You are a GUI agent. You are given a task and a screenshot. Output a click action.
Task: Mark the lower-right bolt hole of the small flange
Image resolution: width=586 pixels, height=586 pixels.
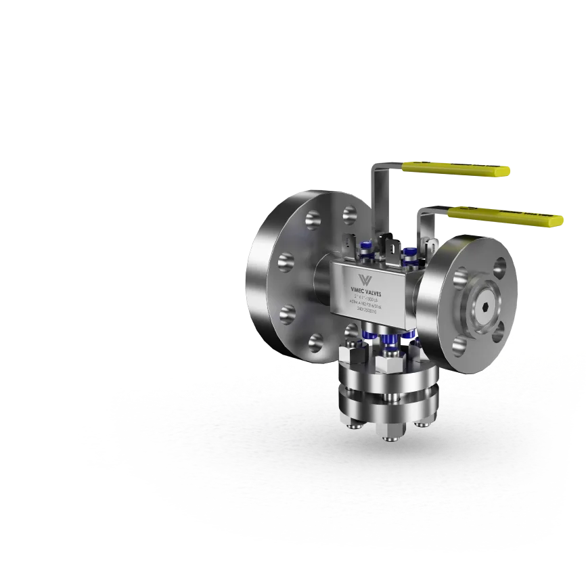tap(499, 333)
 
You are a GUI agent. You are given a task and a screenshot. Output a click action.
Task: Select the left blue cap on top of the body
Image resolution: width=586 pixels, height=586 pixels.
tap(366, 250)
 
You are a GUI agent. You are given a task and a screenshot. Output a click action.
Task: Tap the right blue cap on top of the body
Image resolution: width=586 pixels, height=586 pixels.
tap(408, 254)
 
